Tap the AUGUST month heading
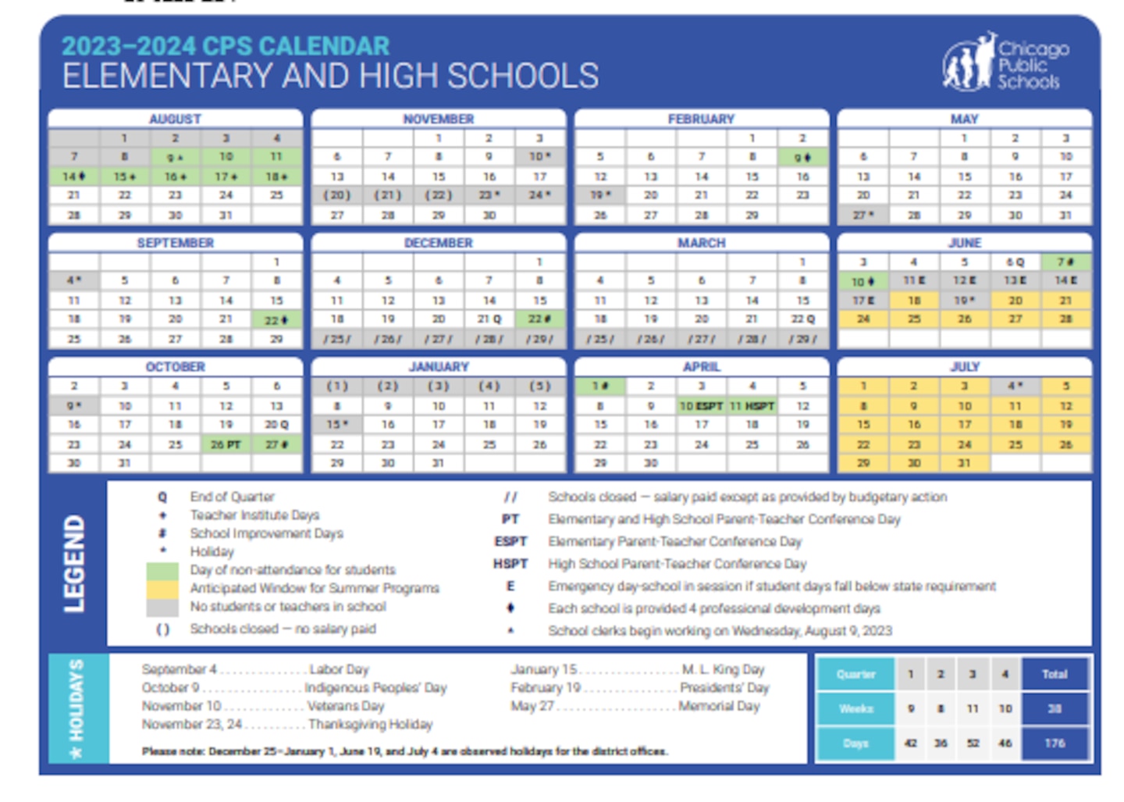click(x=175, y=119)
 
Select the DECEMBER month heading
click(x=438, y=243)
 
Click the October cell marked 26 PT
click(x=226, y=444)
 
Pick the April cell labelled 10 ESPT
click(x=701, y=406)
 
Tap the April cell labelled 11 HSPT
click(x=752, y=406)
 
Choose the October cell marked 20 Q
click(x=276, y=425)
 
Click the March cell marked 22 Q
click(x=802, y=319)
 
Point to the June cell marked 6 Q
click(x=1015, y=262)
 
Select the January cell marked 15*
click(x=337, y=425)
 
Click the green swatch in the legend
click(x=162, y=570)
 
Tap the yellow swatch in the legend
click(x=162, y=588)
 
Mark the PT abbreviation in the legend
click(x=510, y=519)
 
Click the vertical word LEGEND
click(x=74, y=563)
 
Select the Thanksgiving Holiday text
click(x=370, y=725)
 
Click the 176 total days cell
click(x=1055, y=743)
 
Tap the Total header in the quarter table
click(x=1055, y=674)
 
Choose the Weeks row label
click(x=855, y=709)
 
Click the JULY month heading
click(x=965, y=366)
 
